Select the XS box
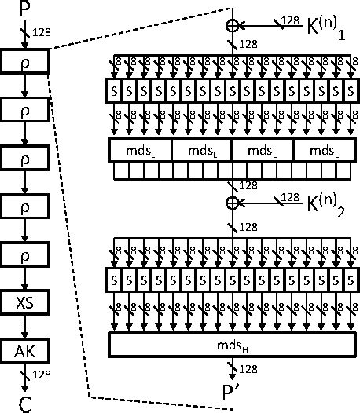tap(25, 302)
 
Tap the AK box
tap(25, 350)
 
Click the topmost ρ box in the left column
tap(25, 60)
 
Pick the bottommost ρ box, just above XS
tap(25, 254)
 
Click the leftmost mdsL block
tap(139, 150)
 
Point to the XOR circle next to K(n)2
tap(233, 203)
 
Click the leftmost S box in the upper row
tap(116, 91)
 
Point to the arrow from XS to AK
tap(25, 326)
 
